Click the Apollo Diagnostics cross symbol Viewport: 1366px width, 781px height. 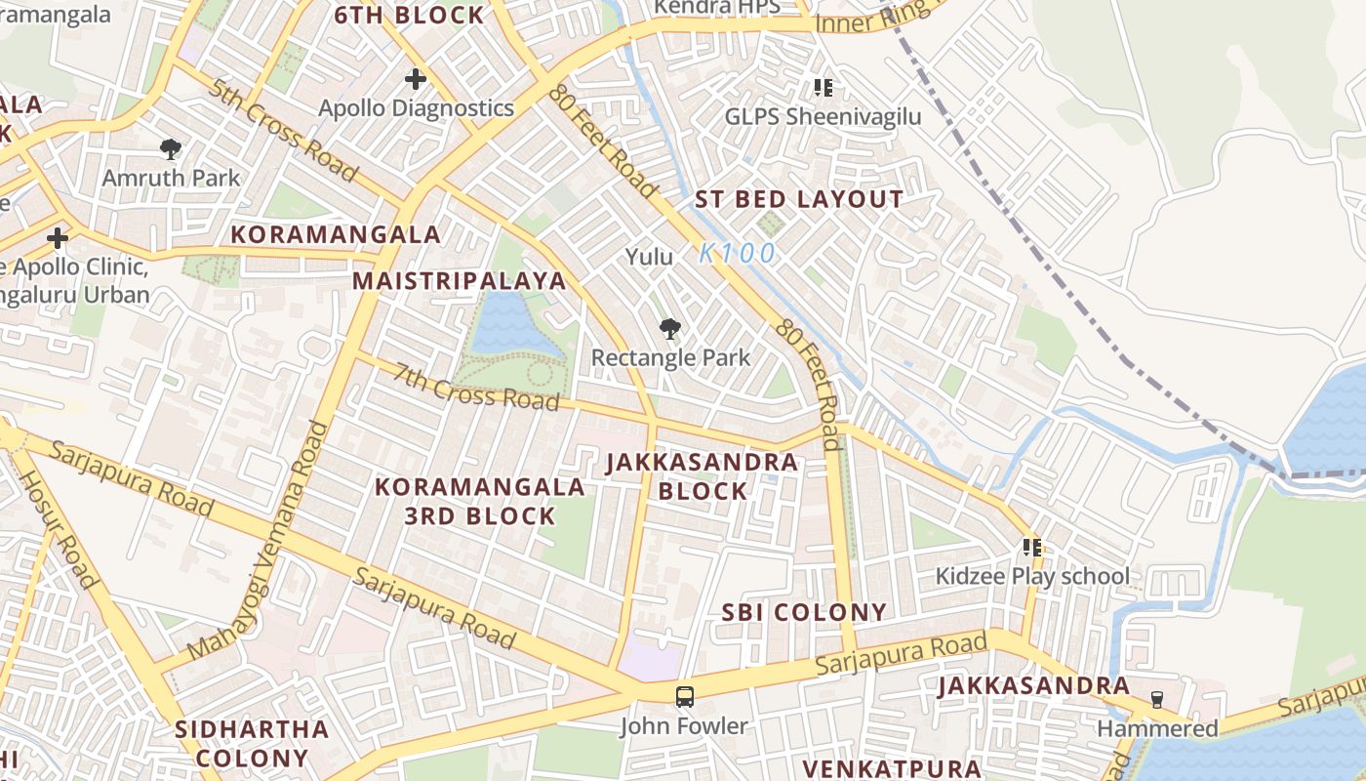pos(416,79)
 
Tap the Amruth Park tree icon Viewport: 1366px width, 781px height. pos(171,149)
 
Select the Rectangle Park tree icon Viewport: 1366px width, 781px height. pos(669,329)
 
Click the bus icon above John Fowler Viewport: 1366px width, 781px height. pos(685,697)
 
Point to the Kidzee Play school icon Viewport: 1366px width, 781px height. pos(1032,548)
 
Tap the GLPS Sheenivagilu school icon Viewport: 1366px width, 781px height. pos(824,89)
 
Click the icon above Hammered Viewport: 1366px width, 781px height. pos(1157,699)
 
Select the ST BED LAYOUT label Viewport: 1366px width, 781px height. pos(799,200)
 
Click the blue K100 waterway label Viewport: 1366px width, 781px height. pos(738,254)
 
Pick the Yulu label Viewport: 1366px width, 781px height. pos(650,257)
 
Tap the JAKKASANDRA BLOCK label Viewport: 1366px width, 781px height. pos(703,476)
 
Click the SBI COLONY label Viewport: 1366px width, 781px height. pos(804,613)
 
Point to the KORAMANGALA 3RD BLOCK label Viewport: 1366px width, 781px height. pos(480,501)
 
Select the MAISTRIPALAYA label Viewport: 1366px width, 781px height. pos(459,281)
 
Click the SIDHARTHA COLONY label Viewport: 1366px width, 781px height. pos(252,743)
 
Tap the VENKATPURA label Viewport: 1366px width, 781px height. pos(891,768)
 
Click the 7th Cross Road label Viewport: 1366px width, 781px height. pos(477,387)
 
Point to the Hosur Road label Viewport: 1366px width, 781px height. pos(60,529)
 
